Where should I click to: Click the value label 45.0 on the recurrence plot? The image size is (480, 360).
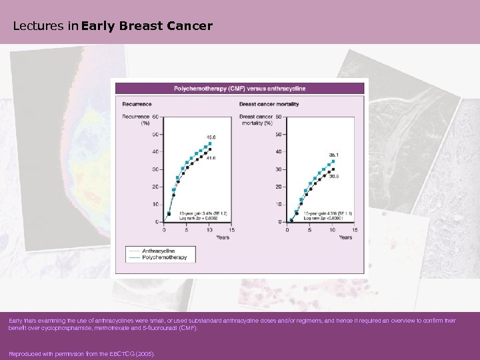(211, 137)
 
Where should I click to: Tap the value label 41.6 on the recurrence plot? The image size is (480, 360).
(211, 158)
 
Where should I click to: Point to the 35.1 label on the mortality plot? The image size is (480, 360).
(334, 155)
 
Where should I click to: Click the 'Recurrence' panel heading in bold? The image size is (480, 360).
(136, 104)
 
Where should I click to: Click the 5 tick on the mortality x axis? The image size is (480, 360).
(309, 230)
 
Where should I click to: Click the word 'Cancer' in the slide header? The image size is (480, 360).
(190, 27)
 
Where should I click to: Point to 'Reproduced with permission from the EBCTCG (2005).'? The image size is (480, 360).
(81, 354)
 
